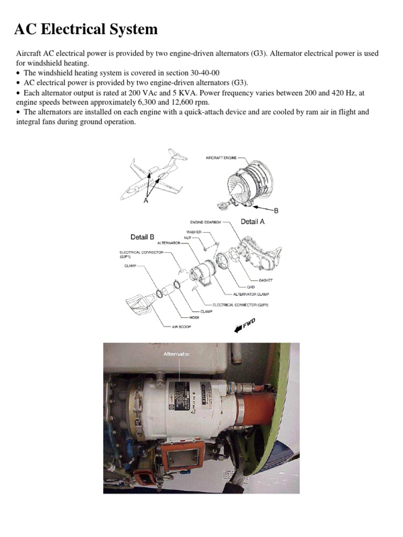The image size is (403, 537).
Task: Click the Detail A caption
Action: [x=252, y=222]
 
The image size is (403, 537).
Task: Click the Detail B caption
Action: [x=142, y=237]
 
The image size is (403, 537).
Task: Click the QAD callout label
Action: [x=251, y=287]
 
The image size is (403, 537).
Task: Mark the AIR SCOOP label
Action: [x=182, y=326]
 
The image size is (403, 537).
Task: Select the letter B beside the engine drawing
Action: [x=276, y=210]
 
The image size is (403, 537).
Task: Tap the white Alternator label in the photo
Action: [x=176, y=355]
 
